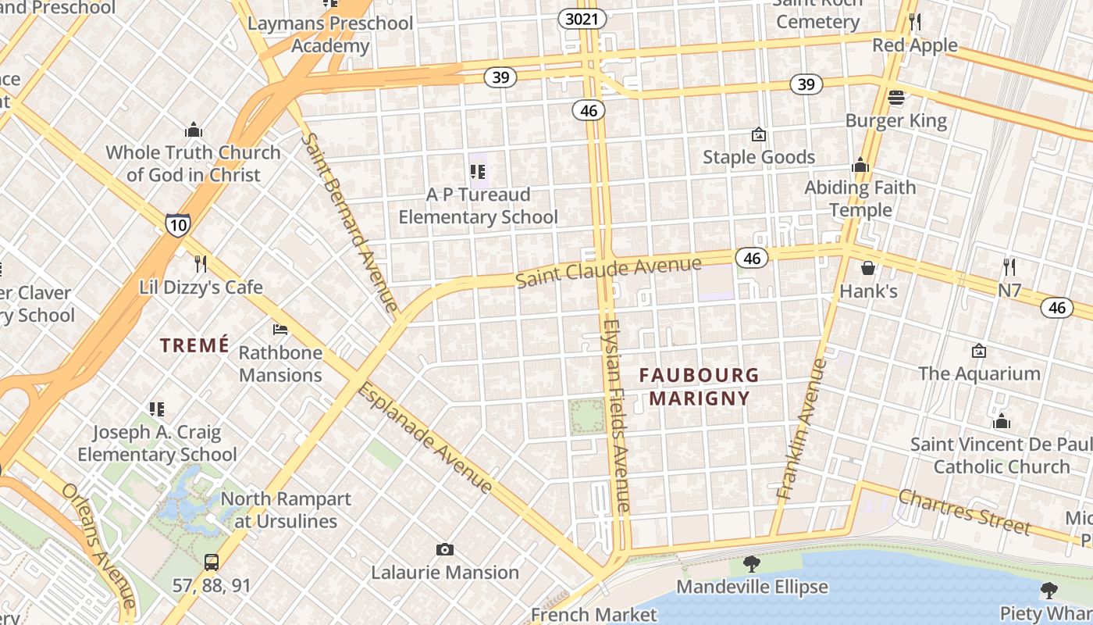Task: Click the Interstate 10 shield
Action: [177, 225]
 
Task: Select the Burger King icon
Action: [895, 98]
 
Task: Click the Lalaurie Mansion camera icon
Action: [445, 550]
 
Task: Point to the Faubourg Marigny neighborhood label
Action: [699, 387]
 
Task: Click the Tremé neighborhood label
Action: [194, 345]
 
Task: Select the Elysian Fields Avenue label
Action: [616, 416]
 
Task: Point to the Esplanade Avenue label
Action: [425, 437]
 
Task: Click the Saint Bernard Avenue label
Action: [349, 221]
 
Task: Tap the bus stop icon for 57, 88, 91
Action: [212, 562]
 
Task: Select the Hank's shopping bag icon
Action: [867, 269]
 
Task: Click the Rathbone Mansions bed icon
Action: [280, 330]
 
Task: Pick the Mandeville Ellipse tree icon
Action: [751, 563]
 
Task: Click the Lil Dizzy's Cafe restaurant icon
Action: [201, 263]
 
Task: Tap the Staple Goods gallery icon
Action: [758, 135]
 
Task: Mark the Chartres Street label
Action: [964, 511]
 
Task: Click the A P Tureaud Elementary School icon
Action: [478, 171]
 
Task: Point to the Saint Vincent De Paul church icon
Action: [1002, 422]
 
